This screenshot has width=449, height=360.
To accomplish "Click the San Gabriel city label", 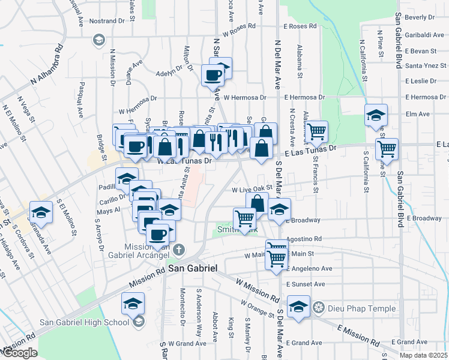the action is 192,269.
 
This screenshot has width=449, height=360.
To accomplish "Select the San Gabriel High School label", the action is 84,322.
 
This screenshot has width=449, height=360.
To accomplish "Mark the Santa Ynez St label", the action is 425,65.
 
